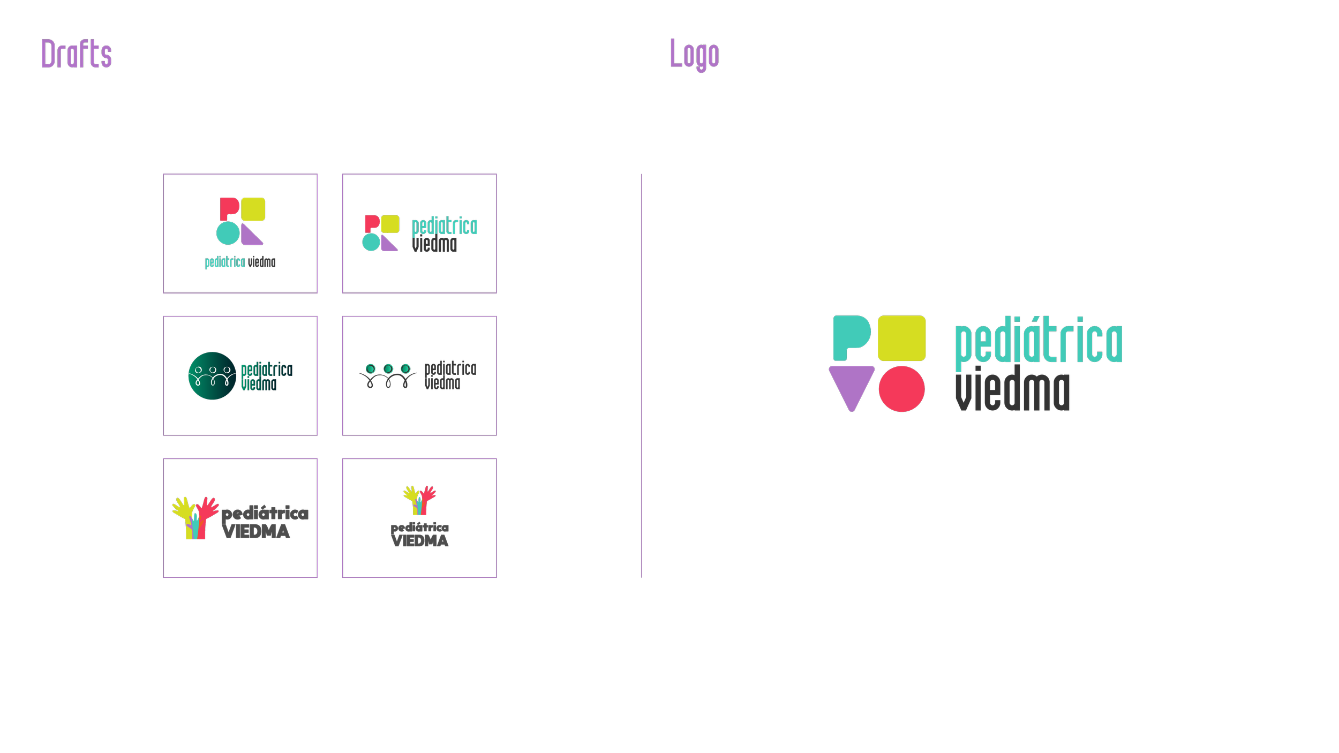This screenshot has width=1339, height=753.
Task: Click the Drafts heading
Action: (x=77, y=54)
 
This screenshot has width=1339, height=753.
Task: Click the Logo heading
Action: (x=694, y=54)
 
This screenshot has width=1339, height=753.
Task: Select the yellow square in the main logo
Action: (x=901, y=338)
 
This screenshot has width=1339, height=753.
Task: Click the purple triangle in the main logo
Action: (x=851, y=385)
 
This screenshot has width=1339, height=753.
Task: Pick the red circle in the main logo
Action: (x=901, y=389)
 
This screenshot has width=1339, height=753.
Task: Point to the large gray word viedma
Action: (x=1012, y=390)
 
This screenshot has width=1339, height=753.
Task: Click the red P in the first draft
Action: (x=229, y=208)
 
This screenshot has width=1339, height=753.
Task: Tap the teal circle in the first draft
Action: (x=228, y=233)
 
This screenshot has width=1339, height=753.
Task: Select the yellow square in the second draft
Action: (x=390, y=224)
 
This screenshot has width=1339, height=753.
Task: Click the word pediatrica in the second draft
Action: (x=445, y=227)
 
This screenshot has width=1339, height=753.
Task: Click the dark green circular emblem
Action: (x=212, y=375)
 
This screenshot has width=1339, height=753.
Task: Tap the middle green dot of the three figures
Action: (x=388, y=368)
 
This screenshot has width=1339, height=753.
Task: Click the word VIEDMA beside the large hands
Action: (x=256, y=532)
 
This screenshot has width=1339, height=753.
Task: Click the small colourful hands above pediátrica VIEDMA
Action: (x=419, y=500)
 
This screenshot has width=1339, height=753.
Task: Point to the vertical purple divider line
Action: (x=641, y=375)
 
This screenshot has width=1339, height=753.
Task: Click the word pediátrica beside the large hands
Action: (x=265, y=513)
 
